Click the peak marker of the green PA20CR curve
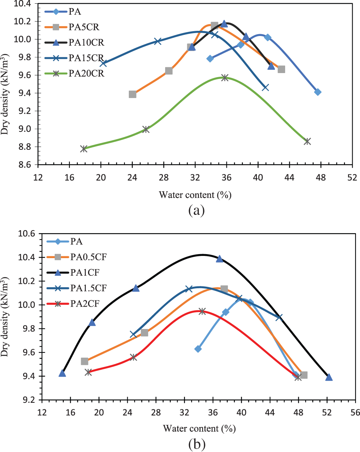pyautogui.click(x=225, y=77)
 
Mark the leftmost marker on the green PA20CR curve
pyautogui.click(x=84, y=149)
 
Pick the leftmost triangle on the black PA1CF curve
pyautogui.click(x=62, y=373)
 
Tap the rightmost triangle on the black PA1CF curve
pyautogui.click(x=329, y=377)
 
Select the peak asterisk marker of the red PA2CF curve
pyautogui.click(x=202, y=311)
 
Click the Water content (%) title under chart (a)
pyautogui.click(x=195, y=195)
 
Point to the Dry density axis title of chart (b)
pyautogui.click(x=6, y=316)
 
